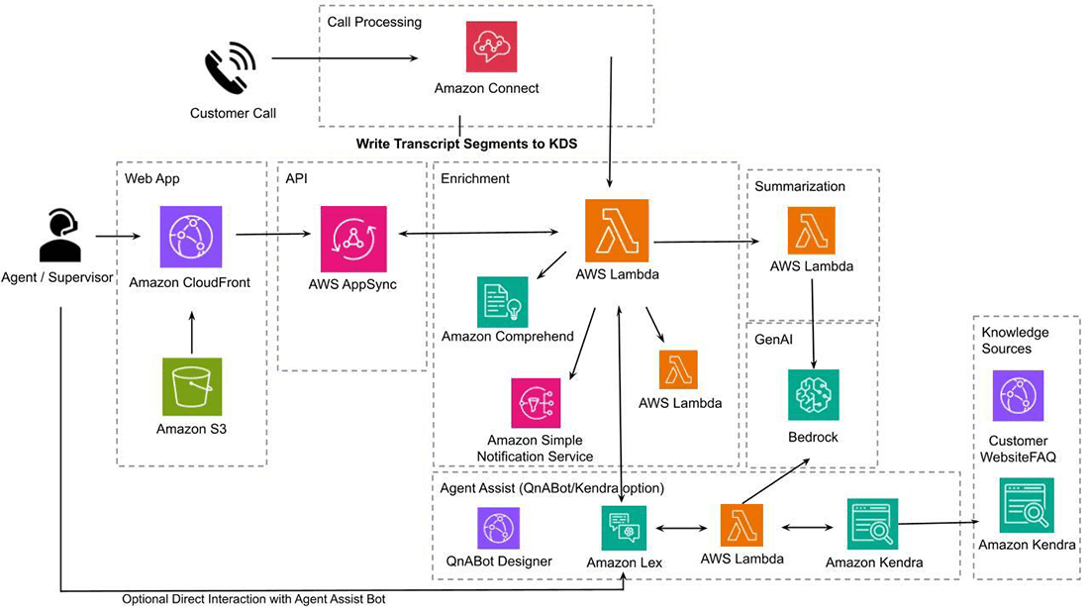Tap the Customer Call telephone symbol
tap(230, 70)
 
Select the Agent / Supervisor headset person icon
tap(59, 237)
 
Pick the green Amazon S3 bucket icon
tap(191, 386)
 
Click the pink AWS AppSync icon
tap(351, 237)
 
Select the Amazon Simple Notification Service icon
tap(536, 404)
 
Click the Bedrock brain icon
tap(813, 395)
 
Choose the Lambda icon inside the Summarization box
tap(811, 231)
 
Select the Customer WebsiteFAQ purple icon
tap(1018, 396)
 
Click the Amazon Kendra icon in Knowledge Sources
tap(1027, 505)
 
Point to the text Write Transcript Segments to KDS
tap(466, 144)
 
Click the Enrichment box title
tap(475, 178)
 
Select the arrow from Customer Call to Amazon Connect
tap(344, 58)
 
